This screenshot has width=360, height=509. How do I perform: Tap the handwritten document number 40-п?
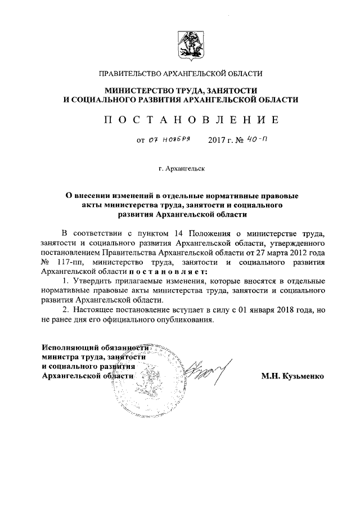coord(255,139)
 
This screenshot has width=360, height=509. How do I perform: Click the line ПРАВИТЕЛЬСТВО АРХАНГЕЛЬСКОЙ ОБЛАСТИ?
coord(180,74)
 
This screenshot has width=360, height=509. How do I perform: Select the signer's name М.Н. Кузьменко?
coord(292,375)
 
